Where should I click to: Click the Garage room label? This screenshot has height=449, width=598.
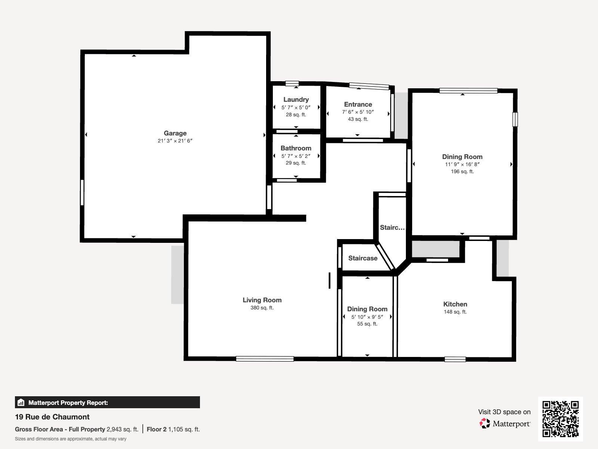click(x=175, y=133)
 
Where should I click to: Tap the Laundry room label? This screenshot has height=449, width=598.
click(x=296, y=100)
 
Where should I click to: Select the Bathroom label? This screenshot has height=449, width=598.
click(x=296, y=148)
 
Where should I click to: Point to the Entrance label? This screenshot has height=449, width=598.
click(x=358, y=104)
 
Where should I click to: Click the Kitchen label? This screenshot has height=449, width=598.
click(x=455, y=304)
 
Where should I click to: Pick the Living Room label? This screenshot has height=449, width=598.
click(x=262, y=300)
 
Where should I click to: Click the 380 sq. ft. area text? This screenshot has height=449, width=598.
click(x=262, y=308)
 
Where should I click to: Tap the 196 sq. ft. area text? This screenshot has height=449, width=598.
click(x=462, y=171)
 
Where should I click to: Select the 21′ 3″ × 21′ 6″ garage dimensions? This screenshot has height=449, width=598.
click(x=175, y=141)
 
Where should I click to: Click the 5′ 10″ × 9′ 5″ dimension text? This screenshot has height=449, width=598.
click(x=367, y=317)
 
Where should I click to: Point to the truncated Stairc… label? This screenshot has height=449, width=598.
click(x=392, y=227)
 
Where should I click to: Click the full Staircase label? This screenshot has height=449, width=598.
click(x=363, y=258)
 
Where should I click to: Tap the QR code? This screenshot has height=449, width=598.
click(x=561, y=419)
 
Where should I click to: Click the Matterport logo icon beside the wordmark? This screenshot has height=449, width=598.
click(x=485, y=424)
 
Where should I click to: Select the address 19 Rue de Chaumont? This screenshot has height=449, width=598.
click(x=52, y=417)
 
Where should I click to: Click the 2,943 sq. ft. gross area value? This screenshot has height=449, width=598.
click(x=122, y=430)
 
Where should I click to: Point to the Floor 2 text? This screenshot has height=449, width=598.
click(x=157, y=430)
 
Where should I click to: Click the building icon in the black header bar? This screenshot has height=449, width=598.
click(x=21, y=402)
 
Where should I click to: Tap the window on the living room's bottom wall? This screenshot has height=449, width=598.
click(x=265, y=359)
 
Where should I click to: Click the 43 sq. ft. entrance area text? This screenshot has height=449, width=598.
click(x=358, y=119)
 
